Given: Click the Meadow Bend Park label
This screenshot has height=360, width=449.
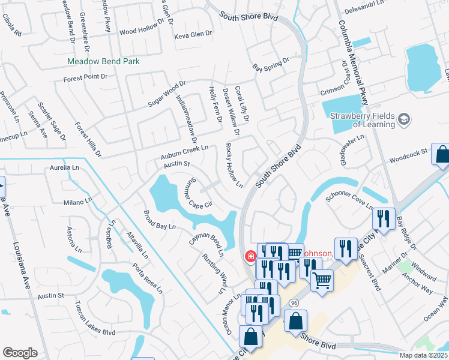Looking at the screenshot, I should tap(103, 61).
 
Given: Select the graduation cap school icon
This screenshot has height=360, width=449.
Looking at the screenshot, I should tap(405, 120).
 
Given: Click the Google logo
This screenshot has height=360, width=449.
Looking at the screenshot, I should tap(20, 352).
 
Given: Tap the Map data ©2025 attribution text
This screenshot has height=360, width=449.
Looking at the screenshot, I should tap(424, 355).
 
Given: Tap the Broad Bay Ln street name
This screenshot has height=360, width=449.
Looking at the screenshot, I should tap(159, 220).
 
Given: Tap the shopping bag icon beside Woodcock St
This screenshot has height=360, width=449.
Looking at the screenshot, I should tap(441, 155).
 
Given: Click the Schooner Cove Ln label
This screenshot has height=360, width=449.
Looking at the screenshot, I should tap(349, 201).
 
